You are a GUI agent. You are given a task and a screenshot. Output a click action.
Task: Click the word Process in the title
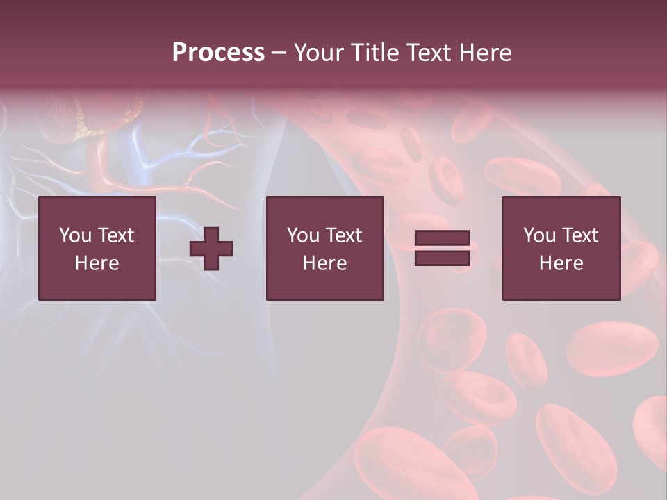click(x=218, y=53)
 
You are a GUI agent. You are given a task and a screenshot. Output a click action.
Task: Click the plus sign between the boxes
click(x=211, y=249)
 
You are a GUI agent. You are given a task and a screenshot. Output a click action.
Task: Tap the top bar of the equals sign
click(x=442, y=238)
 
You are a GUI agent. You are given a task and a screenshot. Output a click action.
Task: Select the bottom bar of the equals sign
click(x=442, y=258)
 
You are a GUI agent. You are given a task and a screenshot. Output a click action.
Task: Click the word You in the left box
click(x=74, y=235)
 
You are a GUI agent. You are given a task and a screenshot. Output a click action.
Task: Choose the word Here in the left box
click(x=97, y=263)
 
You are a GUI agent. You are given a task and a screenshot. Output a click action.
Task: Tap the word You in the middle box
click(x=302, y=235)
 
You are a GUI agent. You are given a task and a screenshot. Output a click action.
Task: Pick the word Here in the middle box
click(x=324, y=263)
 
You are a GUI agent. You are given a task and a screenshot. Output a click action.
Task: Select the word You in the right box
click(x=538, y=235)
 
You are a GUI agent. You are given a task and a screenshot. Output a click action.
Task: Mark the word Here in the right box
click(x=561, y=263)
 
